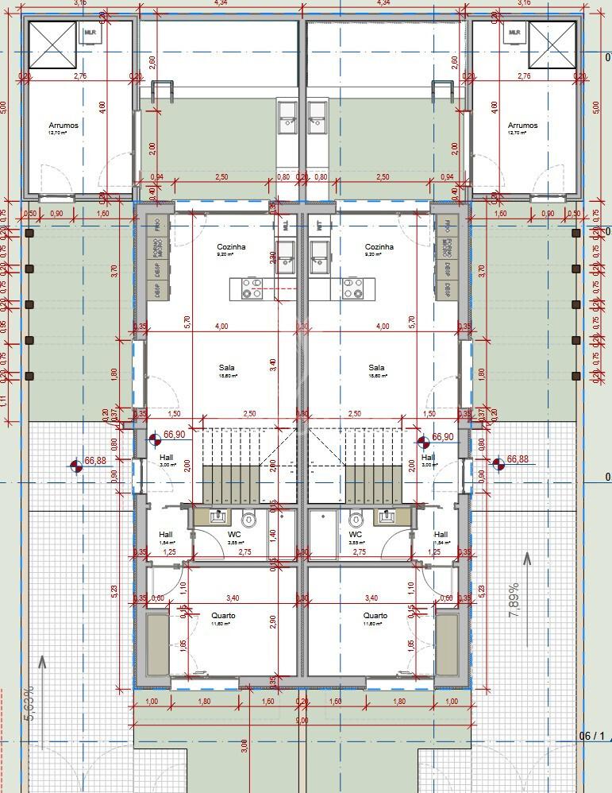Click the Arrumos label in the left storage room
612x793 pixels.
point(64,126)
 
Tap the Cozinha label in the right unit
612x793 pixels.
point(379,247)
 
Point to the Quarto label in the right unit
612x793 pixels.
point(375,616)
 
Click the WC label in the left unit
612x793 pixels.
point(234,535)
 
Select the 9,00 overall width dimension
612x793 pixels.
point(302,720)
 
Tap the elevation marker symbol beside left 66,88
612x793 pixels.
point(76,466)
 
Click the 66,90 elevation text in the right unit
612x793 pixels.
point(443,437)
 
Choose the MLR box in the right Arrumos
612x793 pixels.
point(514,33)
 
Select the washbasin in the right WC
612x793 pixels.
point(388,516)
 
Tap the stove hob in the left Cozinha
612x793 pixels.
point(252,288)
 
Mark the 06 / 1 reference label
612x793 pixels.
point(592,735)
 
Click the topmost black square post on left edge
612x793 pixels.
point(29,234)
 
